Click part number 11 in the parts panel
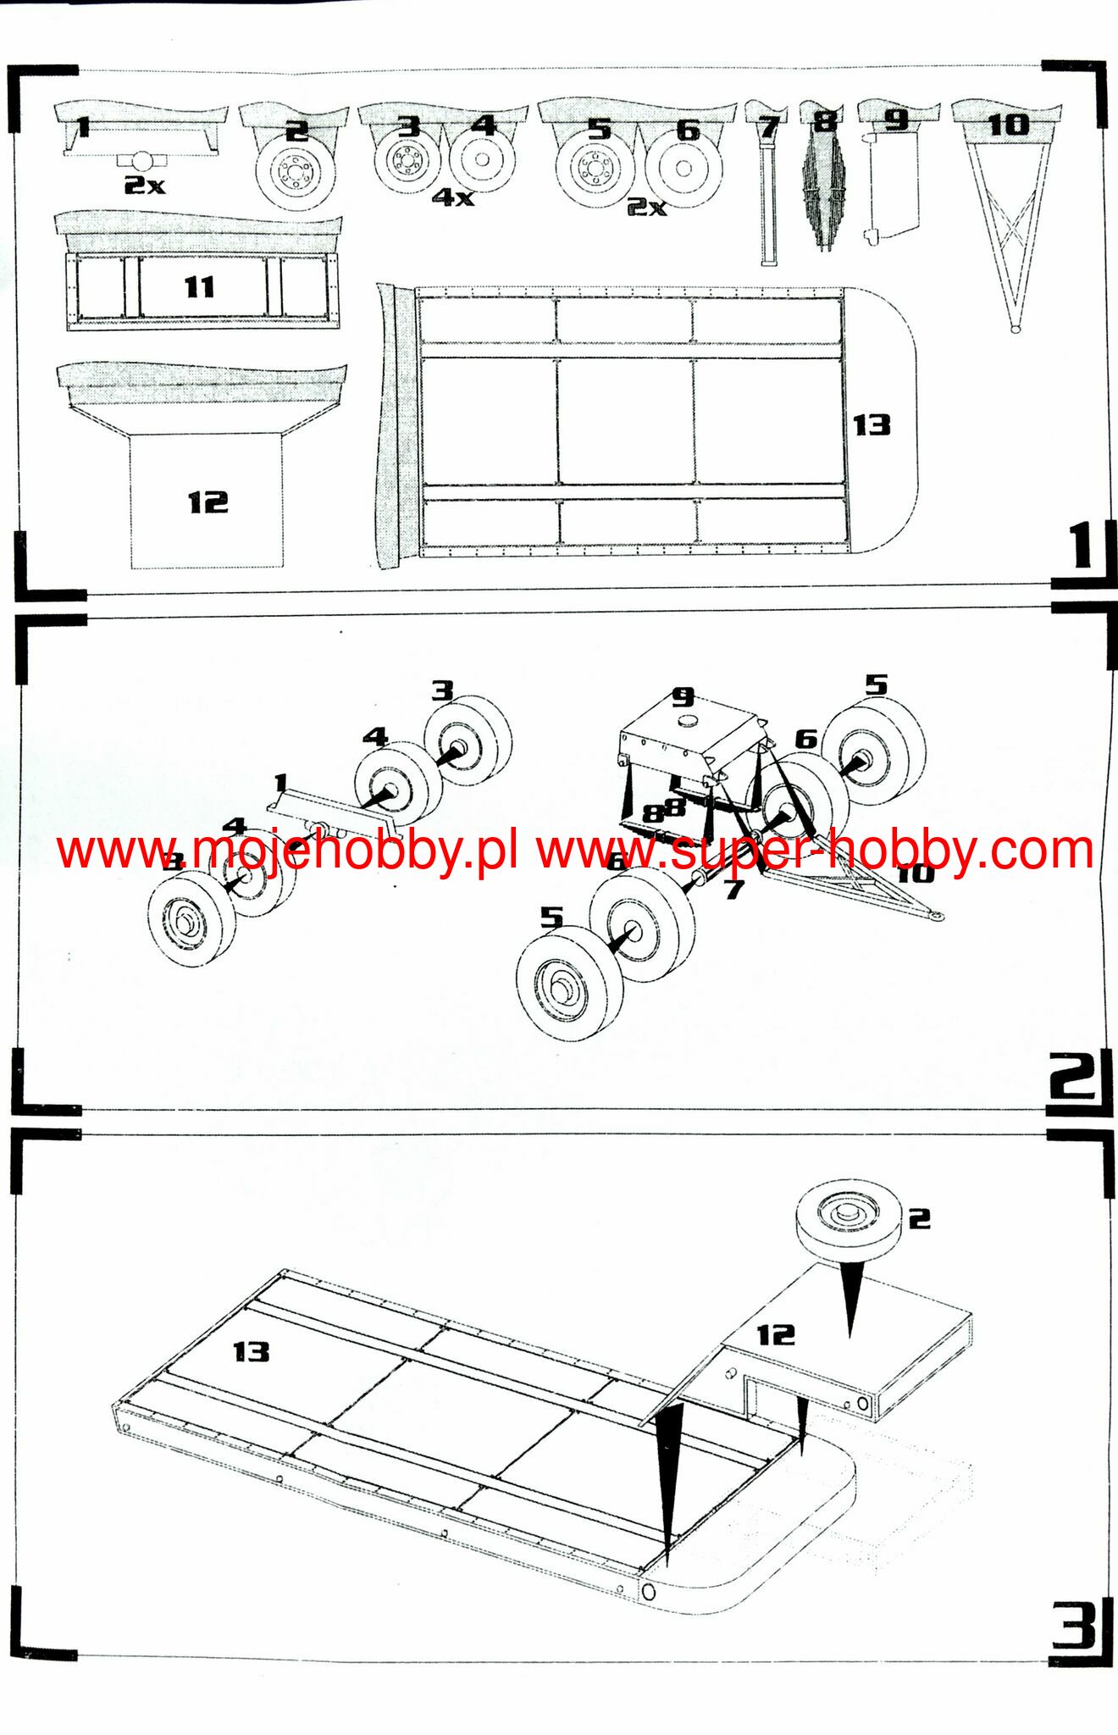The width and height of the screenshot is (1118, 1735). pos(200,287)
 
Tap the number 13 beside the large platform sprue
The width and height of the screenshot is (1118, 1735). pos(872,424)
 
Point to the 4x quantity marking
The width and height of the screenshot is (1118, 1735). pos(453,197)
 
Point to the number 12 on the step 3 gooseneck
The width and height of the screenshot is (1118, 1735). pos(776,1335)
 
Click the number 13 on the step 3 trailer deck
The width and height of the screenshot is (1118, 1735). pos(252,1351)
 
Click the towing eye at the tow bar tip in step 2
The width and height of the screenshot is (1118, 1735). pos(935,915)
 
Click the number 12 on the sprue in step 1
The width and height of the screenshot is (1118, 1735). pos(208,502)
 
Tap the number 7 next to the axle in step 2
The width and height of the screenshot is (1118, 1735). pos(733,889)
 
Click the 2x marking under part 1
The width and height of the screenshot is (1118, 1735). pos(145,185)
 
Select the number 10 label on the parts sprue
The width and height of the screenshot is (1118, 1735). pos(1008,125)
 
